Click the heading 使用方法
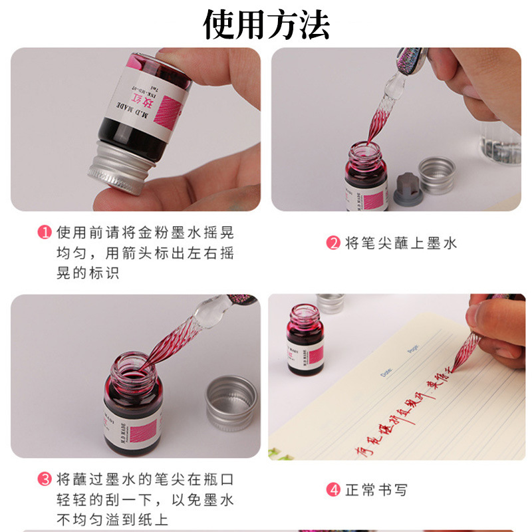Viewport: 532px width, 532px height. [266, 25]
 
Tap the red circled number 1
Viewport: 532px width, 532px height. [44, 233]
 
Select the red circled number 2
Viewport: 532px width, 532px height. [333, 243]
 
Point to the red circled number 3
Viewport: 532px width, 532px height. [44, 479]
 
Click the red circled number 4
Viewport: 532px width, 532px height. [333, 491]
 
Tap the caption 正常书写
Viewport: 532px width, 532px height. [376, 491]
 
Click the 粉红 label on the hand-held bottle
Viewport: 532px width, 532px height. [154, 100]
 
